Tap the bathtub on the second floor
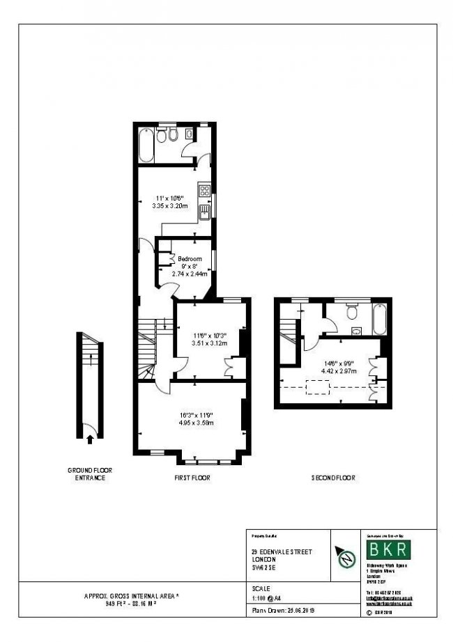pyautogui.click(x=379, y=319)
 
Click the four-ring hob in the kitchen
pyautogui.click(x=205, y=189)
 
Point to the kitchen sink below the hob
pyautogui.click(x=204, y=210)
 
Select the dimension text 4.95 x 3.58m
pyautogui.click(x=194, y=422)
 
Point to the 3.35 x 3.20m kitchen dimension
pyautogui.click(x=170, y=205)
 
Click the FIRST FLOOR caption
pyautogui.click(x=192, y=478)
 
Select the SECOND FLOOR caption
pyautogui.click(x=333, y=478)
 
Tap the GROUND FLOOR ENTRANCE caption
pyautogui.click(x=89, y=474)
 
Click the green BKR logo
pyautogui.click(x=390, y=549)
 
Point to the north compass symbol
pyautogui.click(x=344, y=557)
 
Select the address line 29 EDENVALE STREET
pyautogui.click(x=282, y=552)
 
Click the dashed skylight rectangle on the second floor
pyautogui.click(x=318, y=388)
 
